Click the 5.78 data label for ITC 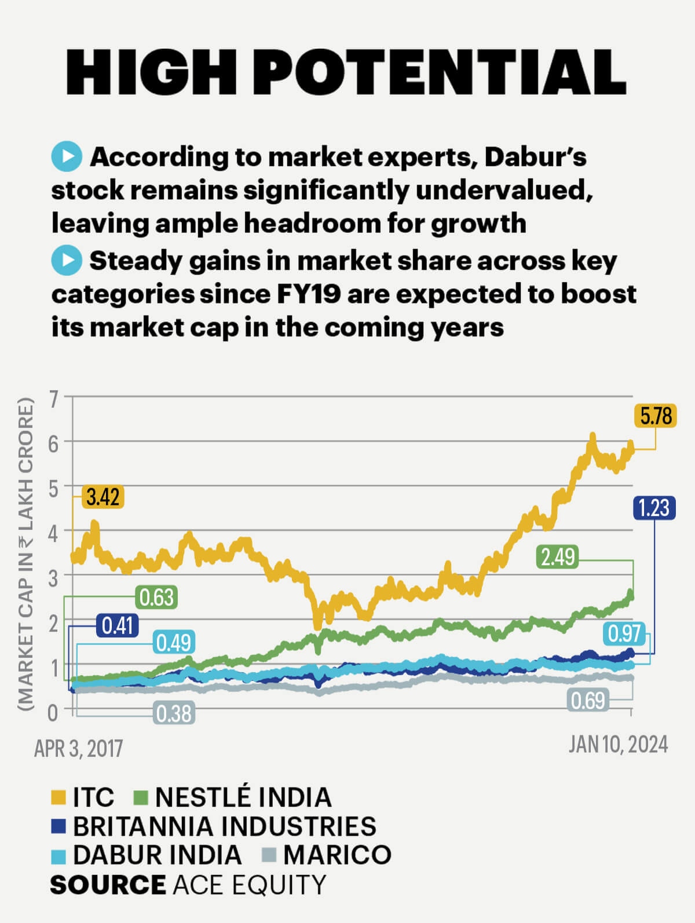tap(656, 416)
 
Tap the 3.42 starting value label tap(103, 497)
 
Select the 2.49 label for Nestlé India tap(558, 556)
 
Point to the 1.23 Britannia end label tap(654, 508)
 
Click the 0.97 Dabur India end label tap(624, 633)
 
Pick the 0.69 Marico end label tap(588, 701)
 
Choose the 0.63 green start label tap(156, 597)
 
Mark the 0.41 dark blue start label tap(118, 626)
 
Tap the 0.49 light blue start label tap(174, 643)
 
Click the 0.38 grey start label tap(174, 713)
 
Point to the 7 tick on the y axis tap(54, 399)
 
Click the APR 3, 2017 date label tap(79, 748)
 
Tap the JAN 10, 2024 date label tap(618, 744)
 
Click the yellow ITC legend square tap(58, 797)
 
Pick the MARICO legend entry tap(337, 855)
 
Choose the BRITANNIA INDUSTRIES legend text tap(225, 826)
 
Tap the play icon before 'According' tap(67, 157)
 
